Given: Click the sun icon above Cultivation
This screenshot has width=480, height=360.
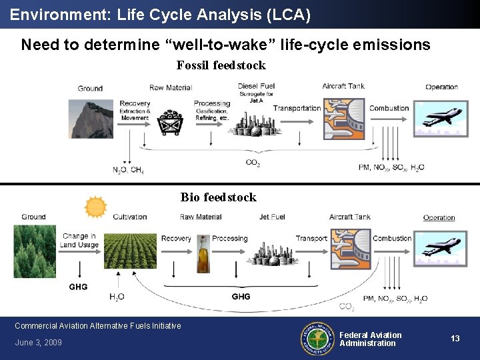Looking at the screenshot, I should (95, 207).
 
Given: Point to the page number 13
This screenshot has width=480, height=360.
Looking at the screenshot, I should (455, 339).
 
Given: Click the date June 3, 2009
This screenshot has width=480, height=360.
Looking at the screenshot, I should (38, 343).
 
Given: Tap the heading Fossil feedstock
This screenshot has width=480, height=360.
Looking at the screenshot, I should (221, 65).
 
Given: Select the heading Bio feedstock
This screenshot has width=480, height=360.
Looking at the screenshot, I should (218, 197).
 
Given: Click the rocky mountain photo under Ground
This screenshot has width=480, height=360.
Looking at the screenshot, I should (91, 118).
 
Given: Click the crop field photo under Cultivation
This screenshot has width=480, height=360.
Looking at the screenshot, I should (130, 250).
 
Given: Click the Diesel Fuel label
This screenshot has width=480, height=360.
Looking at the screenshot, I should (256, 86).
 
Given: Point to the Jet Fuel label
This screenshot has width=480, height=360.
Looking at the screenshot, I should (272, 217).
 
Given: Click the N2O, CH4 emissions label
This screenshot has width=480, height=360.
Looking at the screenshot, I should (128, 170).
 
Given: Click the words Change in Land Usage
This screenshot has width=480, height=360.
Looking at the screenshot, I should (79, 240).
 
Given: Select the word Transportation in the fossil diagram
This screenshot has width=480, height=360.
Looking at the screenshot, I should (297, 108).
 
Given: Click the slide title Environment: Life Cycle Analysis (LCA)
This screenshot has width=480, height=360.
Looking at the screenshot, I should (160, 15).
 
